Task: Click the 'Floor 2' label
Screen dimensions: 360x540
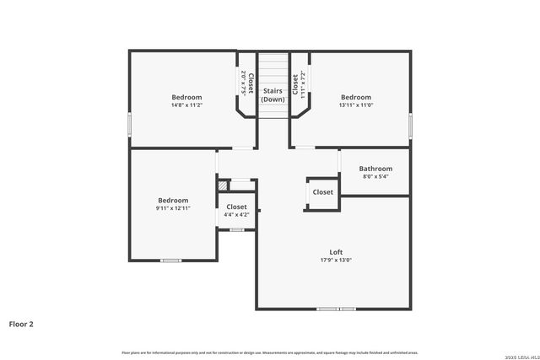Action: [21, 323]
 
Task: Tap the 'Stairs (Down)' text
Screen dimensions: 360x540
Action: [273, 94]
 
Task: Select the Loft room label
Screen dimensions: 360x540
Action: [336, 252]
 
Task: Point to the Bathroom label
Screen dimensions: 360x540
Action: [375, 169]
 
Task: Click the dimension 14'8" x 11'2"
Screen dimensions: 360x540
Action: [186, 105]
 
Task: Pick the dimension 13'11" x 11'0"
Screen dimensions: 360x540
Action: [356, 105]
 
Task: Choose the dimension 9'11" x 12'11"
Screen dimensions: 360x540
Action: [172, 208]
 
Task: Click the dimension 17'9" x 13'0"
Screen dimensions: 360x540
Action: [336, 261]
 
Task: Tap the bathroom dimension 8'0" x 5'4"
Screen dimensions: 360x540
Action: [375, 177]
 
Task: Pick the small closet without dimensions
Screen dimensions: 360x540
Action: [322, 192]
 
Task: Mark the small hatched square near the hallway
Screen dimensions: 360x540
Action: [223, 185]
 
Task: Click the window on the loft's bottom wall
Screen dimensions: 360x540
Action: [336, 309]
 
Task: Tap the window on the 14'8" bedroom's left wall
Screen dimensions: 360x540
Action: [129, 124]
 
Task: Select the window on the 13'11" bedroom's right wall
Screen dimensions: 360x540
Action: [410, 124]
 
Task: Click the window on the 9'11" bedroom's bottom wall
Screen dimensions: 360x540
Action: [171, 261]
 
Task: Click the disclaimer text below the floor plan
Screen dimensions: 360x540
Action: [270, 352]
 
